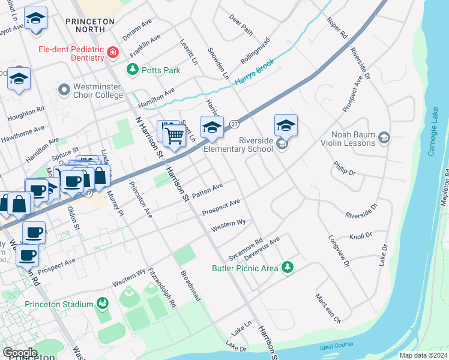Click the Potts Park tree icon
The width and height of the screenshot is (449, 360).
tap(132, 70)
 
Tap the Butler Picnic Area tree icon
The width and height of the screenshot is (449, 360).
tap(288, 267)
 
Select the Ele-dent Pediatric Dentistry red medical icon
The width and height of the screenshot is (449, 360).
tap(112, 53)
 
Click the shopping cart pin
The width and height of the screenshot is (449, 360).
tap(173, 136)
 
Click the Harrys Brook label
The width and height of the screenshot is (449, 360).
tap(255, 71)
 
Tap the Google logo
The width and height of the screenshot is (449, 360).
tap(20, 352)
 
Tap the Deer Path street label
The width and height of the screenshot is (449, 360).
tap(241, 23)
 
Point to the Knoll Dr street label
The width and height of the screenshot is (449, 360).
tap(361, 236)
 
